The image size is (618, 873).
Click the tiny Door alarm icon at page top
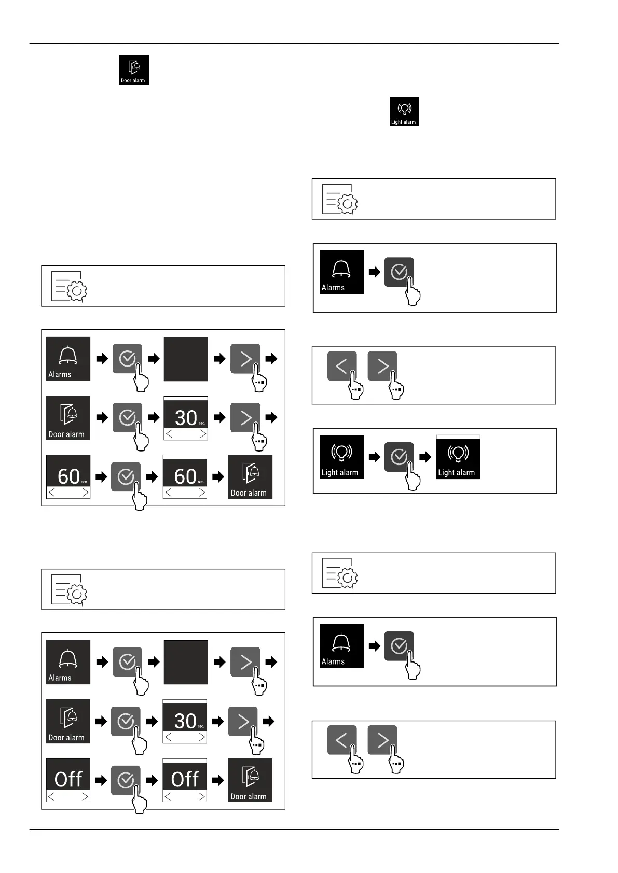[134, 69]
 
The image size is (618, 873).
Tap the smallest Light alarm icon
[404, 111]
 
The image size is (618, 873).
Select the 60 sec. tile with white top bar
[185, 477]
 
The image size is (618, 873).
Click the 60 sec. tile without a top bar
[68, 477]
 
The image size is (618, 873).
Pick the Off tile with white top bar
[185, 780]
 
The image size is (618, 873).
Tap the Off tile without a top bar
[68, 780]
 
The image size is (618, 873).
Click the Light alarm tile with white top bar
[458, 457]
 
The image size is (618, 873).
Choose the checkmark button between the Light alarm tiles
[399, 457]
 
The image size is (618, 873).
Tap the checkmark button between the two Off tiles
[126, 780]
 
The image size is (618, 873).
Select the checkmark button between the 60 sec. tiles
[126, 476]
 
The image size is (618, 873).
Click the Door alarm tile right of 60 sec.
[250, 477]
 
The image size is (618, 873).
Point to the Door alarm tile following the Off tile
[250, 780]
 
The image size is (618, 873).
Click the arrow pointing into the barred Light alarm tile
[425, 457]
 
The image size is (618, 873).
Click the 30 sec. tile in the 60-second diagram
[186, 418]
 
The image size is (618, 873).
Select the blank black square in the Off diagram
[186, 662]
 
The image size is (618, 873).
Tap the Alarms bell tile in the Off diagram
[68, 662]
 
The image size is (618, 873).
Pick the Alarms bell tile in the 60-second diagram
[68, 359]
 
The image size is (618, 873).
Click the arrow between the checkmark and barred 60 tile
[152, 476]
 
